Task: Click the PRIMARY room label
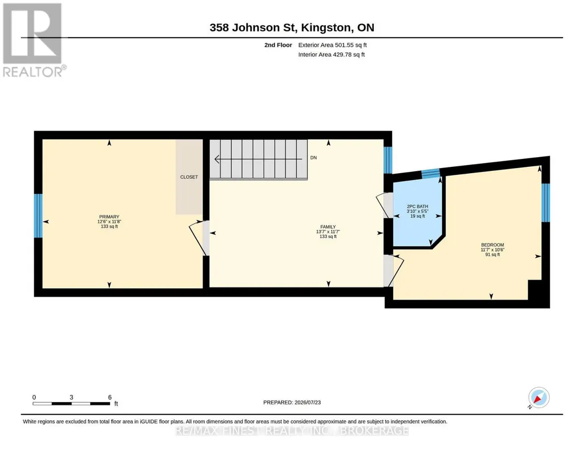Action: pyautogui.click(x=109, y=216)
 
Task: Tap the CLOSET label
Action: pyautogui.click(x=189, y=177)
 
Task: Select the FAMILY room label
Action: pyautogui.click(x=328, y=227)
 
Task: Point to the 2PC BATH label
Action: pyautogui.click(x=417, y=207)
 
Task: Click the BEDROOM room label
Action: pyautogui.click(x=492, y=245)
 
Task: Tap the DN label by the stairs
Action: pyautogui.click(x=313, y=158)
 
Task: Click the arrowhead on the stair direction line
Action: pyautogui.click(x=217, y=159)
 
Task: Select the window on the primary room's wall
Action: pyautogui.click(x=38, y=216)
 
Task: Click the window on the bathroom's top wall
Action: pyautogui.click(x=431, y=173)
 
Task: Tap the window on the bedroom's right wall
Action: pyautogui.click(x=545, y=202)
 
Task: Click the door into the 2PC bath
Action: pyautogui.click(x=385, y=205)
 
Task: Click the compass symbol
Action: pyautogui.click(x=538, y=398)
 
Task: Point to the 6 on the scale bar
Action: pyautogui.click(x=110, y=397)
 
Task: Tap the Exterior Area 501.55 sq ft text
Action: pyautogui.click(x=332, y=45)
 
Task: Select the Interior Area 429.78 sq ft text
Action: pyautogui.click(x=332, y=55)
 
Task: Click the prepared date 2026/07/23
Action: pyautogui.click(x=308, y=402)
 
